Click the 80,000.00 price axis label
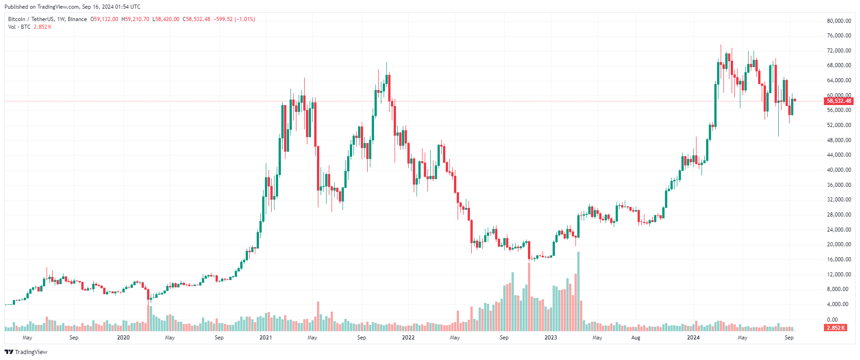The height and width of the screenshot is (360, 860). pyautogui.click(x=839, y=21)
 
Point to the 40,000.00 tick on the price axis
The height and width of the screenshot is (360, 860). pyautogui.click(x=839, y=170)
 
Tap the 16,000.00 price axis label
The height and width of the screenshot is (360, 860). pyautogui.click(x=839, y=259)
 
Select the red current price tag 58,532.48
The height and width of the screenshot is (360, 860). pyautogui.click(x=839, y=101)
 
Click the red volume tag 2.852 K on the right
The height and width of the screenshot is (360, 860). pyautogui.click(x=836, y=328)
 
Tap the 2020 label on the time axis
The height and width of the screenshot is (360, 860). pyautogui.click(x=123, y=338)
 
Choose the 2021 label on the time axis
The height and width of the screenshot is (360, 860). pyautogui.click(x=265, y=338)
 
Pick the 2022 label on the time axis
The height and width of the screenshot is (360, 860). pyautogui.click(x=408, y=338)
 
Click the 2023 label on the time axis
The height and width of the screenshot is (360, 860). pyautogui.click(x=550, y=338)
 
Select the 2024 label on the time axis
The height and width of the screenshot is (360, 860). pyautogui.click(x=693, y=338)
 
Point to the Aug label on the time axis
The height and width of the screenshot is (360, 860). pyautogui.click(x=635, y=338)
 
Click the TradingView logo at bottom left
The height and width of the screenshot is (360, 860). pyautogui.click(x=26, y=352)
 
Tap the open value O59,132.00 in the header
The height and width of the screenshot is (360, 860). pyautogui.click(x=104, y=19)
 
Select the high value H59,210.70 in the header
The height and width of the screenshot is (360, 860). pyautogui.click(x=135, y=19)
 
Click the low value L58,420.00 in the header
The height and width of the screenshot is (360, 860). pyautogui.click(x=166, y=19)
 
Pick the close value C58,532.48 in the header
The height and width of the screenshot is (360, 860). pyautogui.click(x=196, y=19)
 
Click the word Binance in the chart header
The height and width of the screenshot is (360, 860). pyautogui.click(x=77, y=19)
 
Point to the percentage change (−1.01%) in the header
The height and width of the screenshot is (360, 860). pyautogui.click(x=245, y=19)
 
